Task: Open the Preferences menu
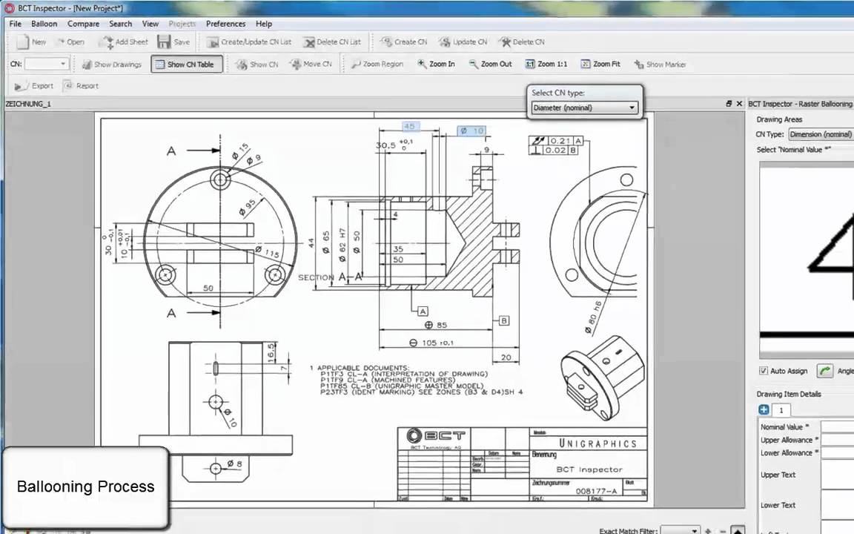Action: coord(225,24)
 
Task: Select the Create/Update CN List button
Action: coord(249,42)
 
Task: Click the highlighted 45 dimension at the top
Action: coord(409,127)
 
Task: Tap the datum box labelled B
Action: coord(504,320)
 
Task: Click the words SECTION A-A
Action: coord(331,277)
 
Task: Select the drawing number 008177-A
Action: coord(596,491)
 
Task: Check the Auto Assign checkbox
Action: coord(764,371)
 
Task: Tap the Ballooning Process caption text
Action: coord(85,487)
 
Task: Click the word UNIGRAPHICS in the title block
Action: coord(597,444)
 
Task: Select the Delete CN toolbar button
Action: coord(522,42)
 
